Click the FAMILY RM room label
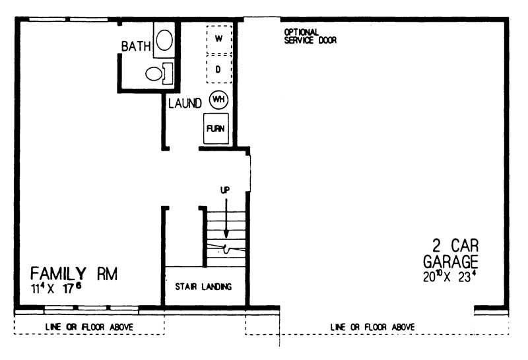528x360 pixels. (74, 273)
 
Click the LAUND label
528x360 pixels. (185, 104)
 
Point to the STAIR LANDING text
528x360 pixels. (204, 287)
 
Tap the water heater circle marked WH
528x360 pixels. (218, 100)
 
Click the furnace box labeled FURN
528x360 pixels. (216, 129)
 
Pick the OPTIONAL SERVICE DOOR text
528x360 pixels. (310, 36)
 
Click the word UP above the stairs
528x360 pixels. (225, 190)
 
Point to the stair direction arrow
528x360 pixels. (226, 218)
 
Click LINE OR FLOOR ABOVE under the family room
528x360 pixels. (89, 327)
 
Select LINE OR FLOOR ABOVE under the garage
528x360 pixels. (372, 327)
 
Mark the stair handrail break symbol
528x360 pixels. (226, 249)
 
